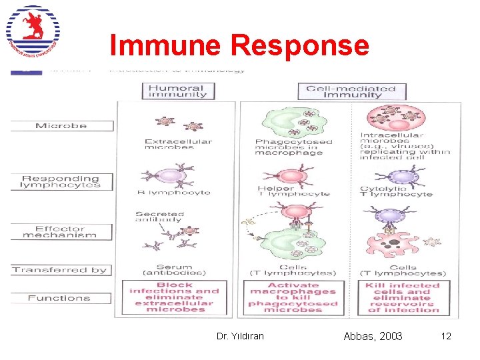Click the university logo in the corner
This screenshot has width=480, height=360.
(x=33, y=32)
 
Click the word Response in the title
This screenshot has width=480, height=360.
(x=299, y=45)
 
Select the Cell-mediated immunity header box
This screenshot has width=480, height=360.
(x=351, y=91)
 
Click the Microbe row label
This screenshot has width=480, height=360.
(x=61, y=125)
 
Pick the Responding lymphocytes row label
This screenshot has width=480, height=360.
(x=61, y=181)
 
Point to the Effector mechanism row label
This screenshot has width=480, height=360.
(x=61, y=231)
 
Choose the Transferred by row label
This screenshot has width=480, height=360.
(x=61, y=270)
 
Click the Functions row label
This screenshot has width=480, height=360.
(x=61, y=298)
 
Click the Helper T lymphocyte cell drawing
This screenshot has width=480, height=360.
(x=292, y=177)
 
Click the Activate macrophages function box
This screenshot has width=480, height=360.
(x=293, y=296)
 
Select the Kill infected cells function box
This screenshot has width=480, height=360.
(x=402, y=296)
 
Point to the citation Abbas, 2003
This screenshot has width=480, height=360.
(x=373, y=336)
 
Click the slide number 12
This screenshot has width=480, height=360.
(x=446, y=336)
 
